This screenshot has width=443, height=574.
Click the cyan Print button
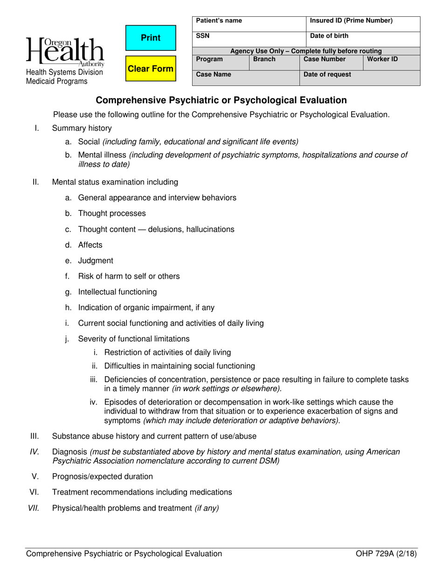151,38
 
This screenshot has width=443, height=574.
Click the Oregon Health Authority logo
66,50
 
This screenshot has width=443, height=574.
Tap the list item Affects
90,245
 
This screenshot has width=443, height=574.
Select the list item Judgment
95,261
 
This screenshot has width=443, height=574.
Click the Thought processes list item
112,213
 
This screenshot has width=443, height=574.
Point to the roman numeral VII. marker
34,508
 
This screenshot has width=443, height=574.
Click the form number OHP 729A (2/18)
386,554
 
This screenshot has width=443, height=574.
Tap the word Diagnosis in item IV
69,452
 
